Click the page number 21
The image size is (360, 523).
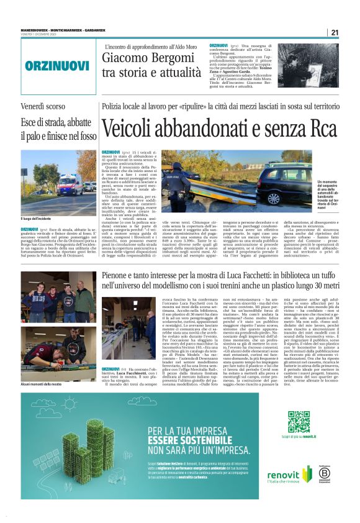(335, 33)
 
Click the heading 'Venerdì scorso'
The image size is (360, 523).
(43, 107)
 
